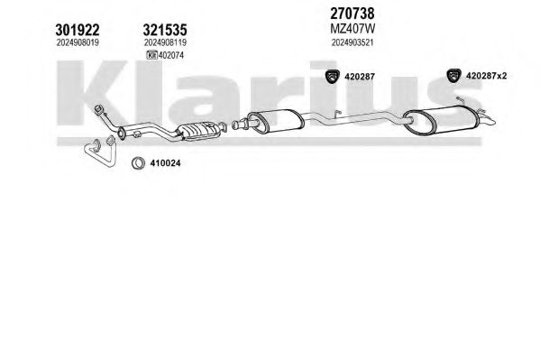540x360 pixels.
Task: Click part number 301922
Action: [x=78, y=30]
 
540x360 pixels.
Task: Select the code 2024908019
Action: [x=78, y=42]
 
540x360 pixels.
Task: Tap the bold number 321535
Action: [x=165, y=30]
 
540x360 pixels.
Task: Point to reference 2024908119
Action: [x=165, y=42]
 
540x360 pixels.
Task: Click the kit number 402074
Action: [x=171, y=55]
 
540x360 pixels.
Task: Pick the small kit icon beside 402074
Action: [x=151, y=55]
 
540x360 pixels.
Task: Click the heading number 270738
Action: [x=352, y=14]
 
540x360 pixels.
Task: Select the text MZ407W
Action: [x=352, y=29]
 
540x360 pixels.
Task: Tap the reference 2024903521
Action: [x=352, y=42]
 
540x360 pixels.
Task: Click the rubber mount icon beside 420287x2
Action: [x=453, y=76]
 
